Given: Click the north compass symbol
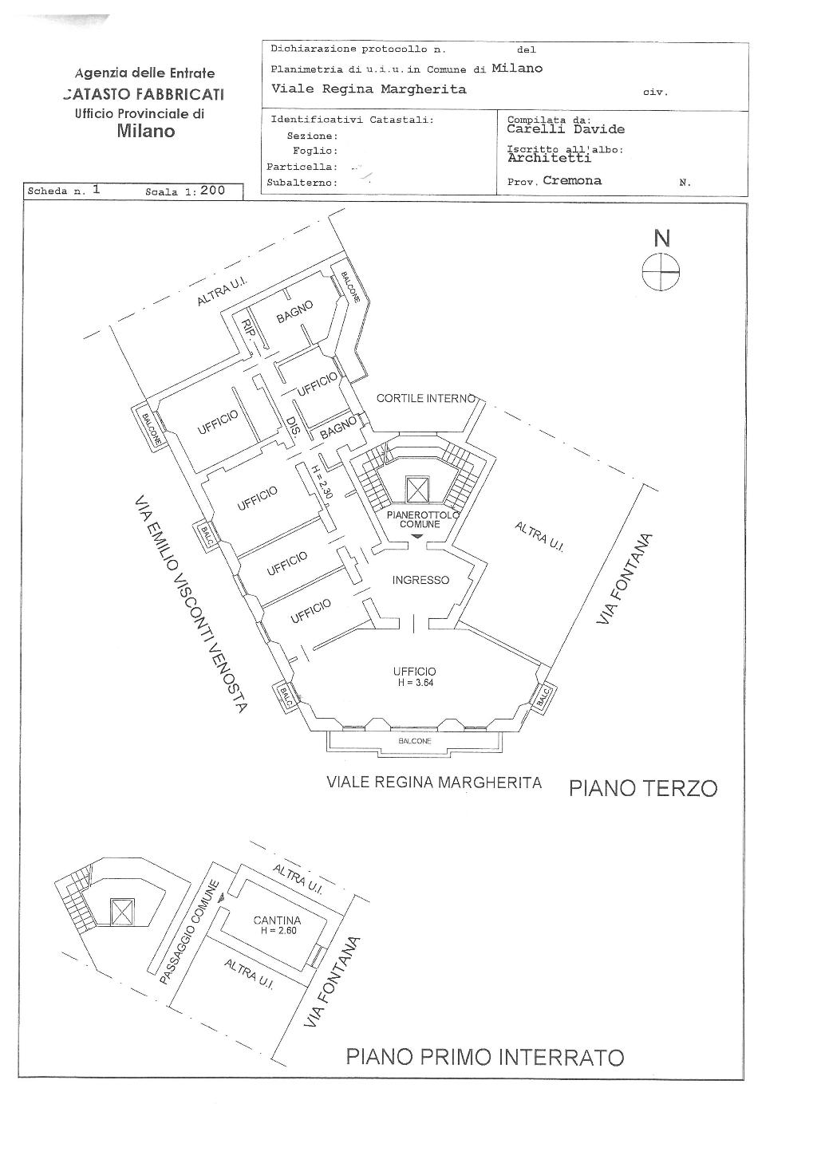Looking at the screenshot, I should [661, 272].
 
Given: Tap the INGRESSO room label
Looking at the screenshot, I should [420, 580].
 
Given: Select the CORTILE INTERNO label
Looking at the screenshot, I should [426, 398].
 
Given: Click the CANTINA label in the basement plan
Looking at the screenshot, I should [277, 920].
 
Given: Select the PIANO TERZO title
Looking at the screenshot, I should [643, 788].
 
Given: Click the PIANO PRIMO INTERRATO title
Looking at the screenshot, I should [484, 1058].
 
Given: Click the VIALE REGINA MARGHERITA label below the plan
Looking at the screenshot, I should [434, 782].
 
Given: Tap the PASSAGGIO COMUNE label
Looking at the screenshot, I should [189, 931].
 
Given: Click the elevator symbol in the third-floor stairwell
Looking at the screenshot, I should [416, 488].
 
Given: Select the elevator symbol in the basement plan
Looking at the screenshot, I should [121, 911].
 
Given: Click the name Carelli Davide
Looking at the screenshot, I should [566, 129].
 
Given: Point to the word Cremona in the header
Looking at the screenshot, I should [572, 180].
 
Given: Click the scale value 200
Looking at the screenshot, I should [212, 191].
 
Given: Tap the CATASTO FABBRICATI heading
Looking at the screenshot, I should [144, 94].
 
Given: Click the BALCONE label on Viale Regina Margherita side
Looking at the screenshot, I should [415, 741].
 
